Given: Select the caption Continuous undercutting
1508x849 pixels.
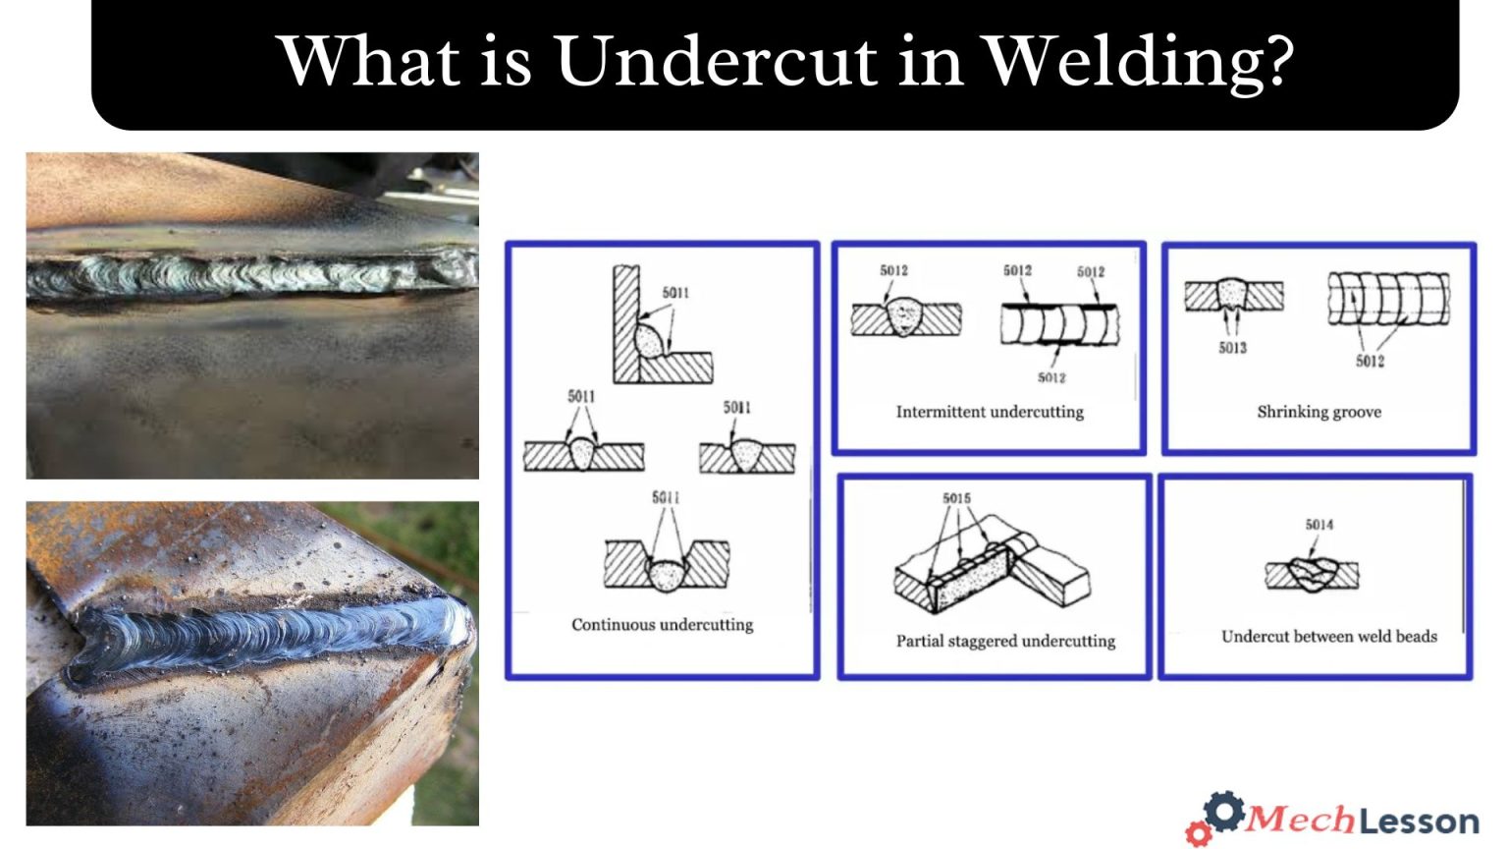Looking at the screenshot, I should pos(663,625).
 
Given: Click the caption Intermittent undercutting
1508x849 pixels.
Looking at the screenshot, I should pos(990,412).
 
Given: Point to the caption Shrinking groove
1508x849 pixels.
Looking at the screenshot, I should pos(1319,412).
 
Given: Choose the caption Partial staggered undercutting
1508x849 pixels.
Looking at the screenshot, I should pos(1005,641).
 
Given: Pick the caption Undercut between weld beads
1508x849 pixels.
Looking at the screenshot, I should pos(1328,637).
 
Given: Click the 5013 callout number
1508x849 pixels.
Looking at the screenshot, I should pos(1232,348).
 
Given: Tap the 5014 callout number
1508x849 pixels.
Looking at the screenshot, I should pos(1319,525).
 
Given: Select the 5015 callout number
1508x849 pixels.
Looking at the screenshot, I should pos(956,498).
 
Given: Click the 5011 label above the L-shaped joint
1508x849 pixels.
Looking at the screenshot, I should pos(675,293).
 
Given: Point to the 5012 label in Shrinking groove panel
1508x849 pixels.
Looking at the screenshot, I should pos(1370,362).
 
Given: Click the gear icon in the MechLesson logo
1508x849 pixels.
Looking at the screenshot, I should pos(1223,812).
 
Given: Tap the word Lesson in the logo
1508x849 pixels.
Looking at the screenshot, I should pos(1419,821).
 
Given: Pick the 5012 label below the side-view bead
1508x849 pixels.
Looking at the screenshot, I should pos(1051,377).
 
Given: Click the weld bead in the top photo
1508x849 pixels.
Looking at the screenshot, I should pos(245,275).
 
